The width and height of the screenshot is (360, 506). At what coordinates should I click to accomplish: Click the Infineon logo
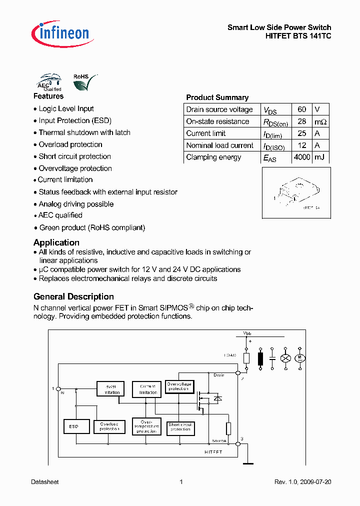coord(61,33)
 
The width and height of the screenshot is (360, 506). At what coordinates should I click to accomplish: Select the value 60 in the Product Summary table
coord(301,109)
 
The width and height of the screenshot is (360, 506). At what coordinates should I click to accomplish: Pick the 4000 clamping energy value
coord(301,157)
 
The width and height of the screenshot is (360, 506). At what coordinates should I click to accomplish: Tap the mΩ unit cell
coord(320,121)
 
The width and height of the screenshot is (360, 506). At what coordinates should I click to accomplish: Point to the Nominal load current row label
coord(219,145)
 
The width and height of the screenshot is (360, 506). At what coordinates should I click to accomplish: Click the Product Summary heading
coord(217,97)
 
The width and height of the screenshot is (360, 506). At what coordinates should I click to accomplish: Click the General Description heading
coord(73,296)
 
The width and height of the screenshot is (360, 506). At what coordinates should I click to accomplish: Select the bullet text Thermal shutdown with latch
coord(84,132)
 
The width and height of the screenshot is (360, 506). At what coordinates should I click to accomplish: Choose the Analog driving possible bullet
coord(76,204)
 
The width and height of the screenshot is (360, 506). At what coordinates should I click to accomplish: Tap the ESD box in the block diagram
coord(74,426)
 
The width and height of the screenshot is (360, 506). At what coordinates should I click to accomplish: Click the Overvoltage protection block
coord(178,386)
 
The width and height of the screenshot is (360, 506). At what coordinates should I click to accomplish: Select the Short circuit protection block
coord(180,427)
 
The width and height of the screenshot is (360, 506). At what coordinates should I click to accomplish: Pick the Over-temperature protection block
coord(146,425)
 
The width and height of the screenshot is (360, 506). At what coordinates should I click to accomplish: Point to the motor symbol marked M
coord(300,358)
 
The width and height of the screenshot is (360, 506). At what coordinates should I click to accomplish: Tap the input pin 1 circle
coord(58,388)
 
